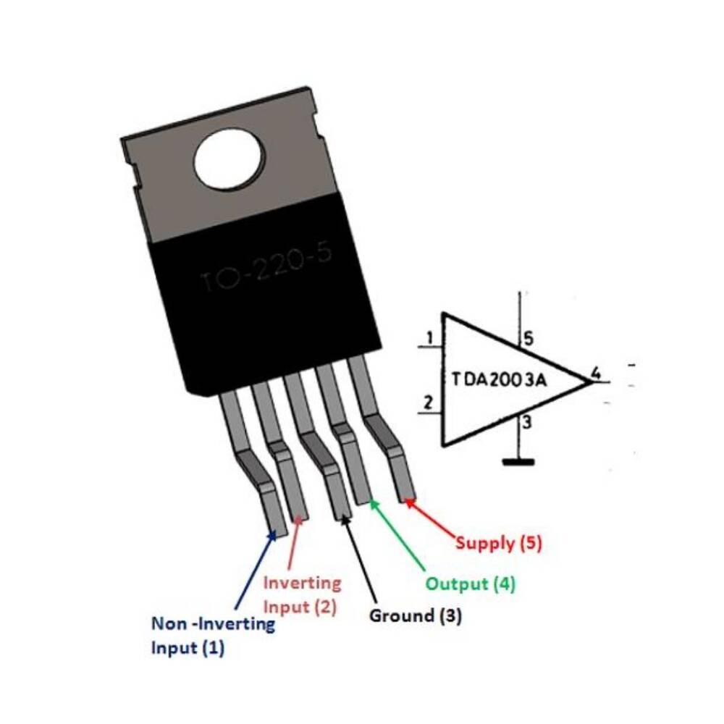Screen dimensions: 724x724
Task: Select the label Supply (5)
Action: (x=498, y=542)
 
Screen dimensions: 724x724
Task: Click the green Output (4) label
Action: (x=470, y=584)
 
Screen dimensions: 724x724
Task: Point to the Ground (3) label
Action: (x=415, y=616)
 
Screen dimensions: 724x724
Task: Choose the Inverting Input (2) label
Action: (x=301, y=594)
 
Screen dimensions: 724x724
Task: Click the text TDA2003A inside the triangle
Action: (x=499, y=379)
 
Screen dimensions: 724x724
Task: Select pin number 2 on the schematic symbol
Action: (x=427, y=403)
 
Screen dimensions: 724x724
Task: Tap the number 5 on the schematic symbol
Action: (x=529, y=338)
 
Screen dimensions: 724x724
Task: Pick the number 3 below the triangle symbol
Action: (x=527, y=424)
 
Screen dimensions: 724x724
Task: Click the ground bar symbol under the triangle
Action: (x=518, y=461)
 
